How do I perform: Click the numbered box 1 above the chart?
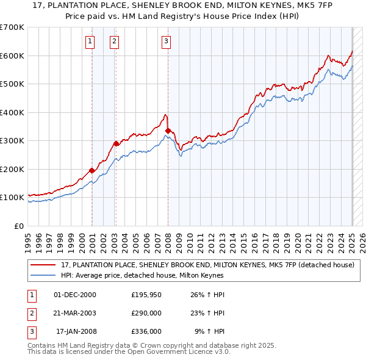point(90,41)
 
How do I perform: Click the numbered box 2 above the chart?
point(114,41)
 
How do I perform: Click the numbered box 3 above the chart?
point(167,41)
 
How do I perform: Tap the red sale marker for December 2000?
point(92,170)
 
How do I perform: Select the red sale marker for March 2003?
point(117,143)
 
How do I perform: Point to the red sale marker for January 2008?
point(168,131)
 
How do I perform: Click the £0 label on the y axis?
point(19,226)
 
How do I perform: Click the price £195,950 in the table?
point(146,295)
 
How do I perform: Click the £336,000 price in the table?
point(146,332)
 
